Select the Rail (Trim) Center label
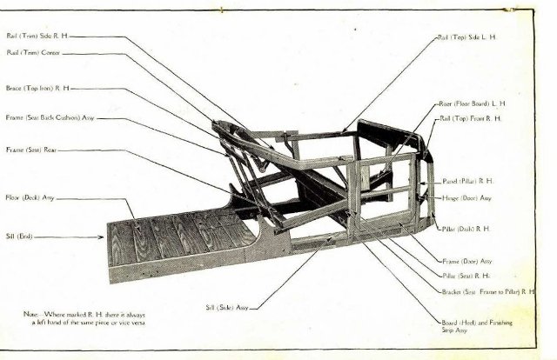coord(32,52)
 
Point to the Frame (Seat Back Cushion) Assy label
coord(50,117)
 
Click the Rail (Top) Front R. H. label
coord(471,118)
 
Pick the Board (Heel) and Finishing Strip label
coord(476,326)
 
